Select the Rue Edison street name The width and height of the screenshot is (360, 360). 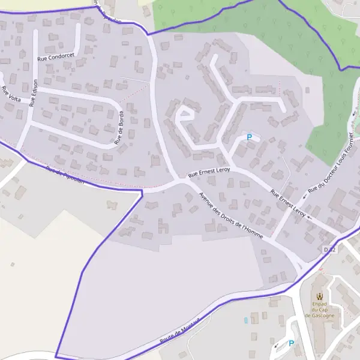34,92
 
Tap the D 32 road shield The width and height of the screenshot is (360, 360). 329,249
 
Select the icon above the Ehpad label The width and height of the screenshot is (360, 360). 319,296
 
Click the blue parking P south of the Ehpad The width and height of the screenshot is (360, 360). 292,343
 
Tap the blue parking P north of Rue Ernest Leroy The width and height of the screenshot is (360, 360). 249,137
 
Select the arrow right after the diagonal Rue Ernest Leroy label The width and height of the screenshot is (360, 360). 310,218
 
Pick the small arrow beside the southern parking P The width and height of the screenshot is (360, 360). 277,346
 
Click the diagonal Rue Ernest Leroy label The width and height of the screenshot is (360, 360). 288,204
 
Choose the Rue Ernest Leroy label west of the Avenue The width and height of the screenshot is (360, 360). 209,172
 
